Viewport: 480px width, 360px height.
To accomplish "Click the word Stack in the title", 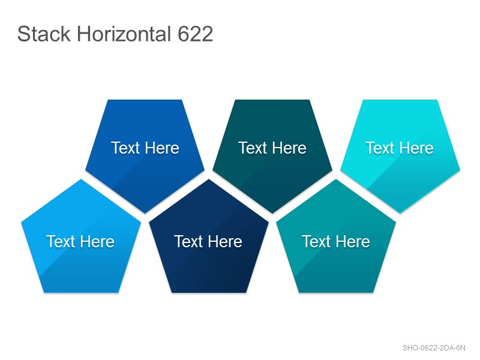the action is coord(44,34).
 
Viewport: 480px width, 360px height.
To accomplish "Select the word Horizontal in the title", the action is coord(124,34).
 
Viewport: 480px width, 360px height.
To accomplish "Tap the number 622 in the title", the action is coord(196,34).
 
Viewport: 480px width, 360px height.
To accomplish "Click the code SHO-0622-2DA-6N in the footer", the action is coord(434,348).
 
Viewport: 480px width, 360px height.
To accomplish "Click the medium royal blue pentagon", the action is coord(145,150).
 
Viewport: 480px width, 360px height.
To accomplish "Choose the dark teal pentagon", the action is coord(272,150).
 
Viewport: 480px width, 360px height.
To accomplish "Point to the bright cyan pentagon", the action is coord(400,150).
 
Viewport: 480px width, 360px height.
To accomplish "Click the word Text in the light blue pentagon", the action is coord(61,242).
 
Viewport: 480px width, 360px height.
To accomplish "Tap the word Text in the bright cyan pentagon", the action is coord(380,148).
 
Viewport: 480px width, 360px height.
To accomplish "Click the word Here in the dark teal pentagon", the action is coord(290,148).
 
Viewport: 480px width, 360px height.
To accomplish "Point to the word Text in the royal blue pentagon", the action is coord(125,148).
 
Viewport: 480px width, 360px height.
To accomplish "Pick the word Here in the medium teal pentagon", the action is coord(353,242).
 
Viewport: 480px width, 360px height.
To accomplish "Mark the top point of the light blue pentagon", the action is coord(81,179).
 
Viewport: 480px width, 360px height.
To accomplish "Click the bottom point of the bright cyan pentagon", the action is coord(400,213).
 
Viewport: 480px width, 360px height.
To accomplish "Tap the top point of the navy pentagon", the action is coord(209,179).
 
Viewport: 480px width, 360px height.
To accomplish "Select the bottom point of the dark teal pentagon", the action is coord(272,213).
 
